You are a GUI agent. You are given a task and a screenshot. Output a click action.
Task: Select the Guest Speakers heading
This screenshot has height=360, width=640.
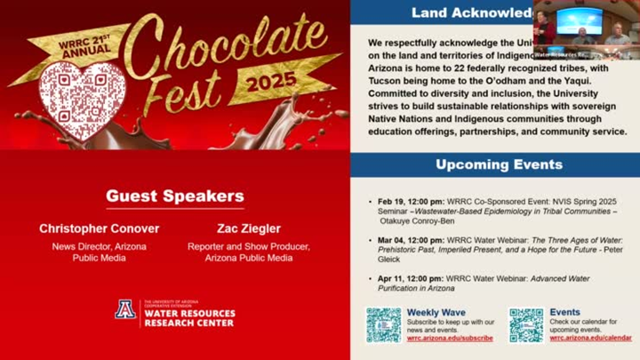click(174, 196)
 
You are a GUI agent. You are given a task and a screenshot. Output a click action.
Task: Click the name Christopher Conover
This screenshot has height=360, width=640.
click(99, 228)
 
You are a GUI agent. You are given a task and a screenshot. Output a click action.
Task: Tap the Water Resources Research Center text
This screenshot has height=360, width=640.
click(188, 317)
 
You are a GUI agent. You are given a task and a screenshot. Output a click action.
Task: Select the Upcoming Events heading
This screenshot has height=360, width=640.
click(499, 164)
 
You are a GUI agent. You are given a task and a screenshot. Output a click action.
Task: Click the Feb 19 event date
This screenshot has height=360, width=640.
click(392, 202)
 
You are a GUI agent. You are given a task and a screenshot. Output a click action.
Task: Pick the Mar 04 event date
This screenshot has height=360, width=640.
click(392, 240)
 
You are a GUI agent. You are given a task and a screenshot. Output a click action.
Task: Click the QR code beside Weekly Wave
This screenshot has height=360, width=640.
click(383, 324)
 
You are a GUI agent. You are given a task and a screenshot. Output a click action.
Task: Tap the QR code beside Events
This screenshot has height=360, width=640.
click(525, 324)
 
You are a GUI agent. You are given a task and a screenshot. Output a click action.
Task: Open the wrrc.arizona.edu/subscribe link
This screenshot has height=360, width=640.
click(450, 339)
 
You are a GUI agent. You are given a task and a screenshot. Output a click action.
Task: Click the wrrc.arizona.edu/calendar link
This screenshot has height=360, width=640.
click(590, 339)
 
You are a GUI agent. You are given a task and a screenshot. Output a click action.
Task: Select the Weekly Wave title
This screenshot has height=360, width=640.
click(436, 312)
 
